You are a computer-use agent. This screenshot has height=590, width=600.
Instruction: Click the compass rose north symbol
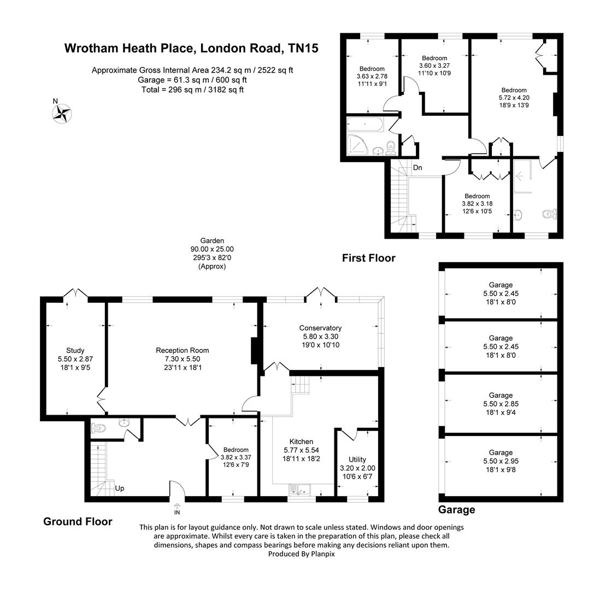tap(62, 113)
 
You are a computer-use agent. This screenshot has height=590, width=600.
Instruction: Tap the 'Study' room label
tap(75, 350)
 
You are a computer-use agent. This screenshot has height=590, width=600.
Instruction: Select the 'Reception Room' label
tap(182, 350)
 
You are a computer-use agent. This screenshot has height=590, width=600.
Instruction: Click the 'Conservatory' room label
tap(320, 328)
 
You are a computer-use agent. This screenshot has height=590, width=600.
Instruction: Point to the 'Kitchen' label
tap(301, 441)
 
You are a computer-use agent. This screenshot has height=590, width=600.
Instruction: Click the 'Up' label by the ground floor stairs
tap(119, 488)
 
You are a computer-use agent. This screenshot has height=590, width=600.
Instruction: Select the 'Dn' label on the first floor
tap(417, 168)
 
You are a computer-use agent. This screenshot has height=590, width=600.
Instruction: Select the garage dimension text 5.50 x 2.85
tap(501, 404)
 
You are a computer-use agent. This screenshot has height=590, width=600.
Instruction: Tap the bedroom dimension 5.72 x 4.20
tap(514, 98)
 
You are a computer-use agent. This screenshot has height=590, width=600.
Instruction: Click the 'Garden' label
tap(212, 240)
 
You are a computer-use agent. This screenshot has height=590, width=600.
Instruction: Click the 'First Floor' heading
tap(368, 258)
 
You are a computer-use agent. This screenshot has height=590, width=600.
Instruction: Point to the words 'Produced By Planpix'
tap(301, 553)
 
